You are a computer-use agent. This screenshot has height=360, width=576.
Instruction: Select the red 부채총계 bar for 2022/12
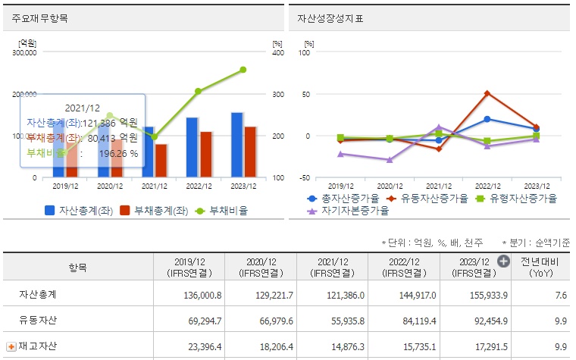click(205, 154)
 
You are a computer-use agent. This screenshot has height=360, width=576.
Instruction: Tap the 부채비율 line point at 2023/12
click(243, 70)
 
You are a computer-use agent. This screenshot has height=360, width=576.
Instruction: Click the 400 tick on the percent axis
click(277, 53)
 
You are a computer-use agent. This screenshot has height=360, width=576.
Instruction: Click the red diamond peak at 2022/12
click(487, 93)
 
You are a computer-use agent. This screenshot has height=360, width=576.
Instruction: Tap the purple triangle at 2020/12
click(390, 160)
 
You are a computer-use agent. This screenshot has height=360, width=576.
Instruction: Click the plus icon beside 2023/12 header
click(503, 261)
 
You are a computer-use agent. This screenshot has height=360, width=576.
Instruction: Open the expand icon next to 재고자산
click(11, 346)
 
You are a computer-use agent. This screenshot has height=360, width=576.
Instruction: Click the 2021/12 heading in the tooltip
click(81, 108)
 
